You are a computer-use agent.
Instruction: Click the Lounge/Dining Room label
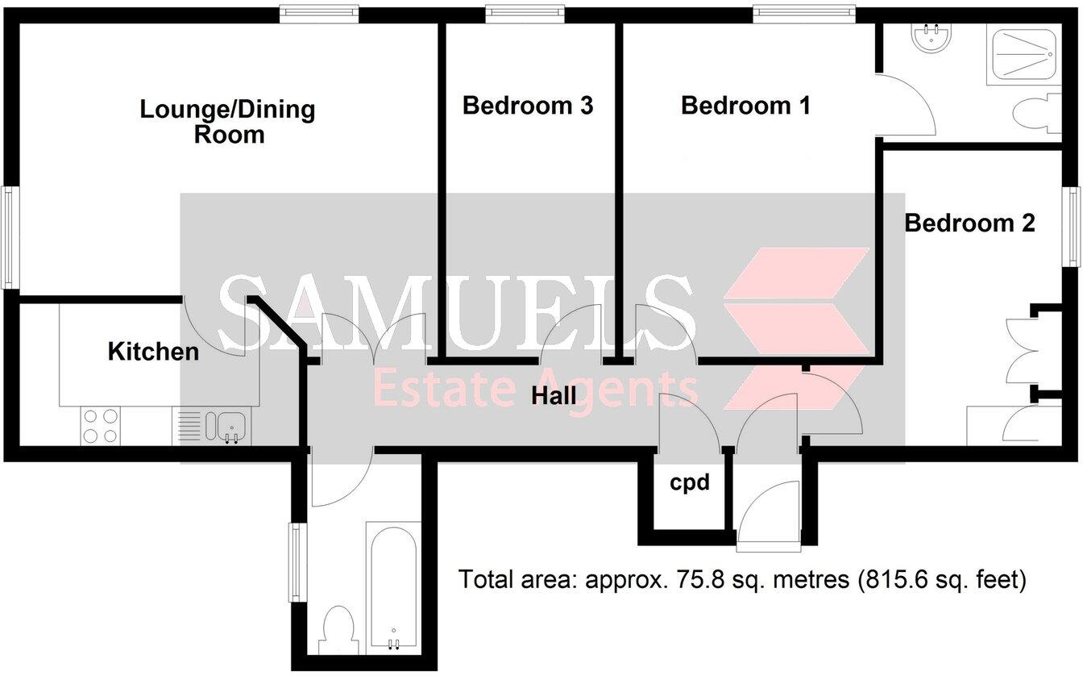[228, 121]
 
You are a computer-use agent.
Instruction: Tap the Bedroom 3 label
[528, 106]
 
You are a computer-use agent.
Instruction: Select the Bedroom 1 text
[745, 106]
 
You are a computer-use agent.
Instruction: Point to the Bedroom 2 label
[969, 223]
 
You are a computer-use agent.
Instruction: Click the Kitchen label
[153, 352]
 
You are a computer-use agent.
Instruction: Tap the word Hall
[554, 396]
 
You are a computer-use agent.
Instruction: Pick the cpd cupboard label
[691, 482]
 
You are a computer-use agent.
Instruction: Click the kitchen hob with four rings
[100, 426]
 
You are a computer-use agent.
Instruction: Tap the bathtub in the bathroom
[392, 587]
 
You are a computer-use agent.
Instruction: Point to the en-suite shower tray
[1023, 55]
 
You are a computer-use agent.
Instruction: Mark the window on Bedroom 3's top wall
[525, 12]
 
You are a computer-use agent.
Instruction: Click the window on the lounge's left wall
[7, 236]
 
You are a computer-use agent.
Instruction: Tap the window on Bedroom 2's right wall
[1073, 227]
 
